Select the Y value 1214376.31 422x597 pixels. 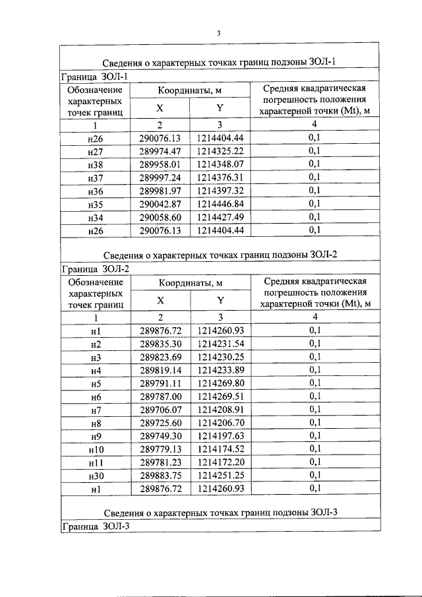220,177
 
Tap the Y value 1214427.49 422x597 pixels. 220,217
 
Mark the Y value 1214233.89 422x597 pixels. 220,370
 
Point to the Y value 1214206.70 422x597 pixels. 220,423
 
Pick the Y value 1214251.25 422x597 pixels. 220,476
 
